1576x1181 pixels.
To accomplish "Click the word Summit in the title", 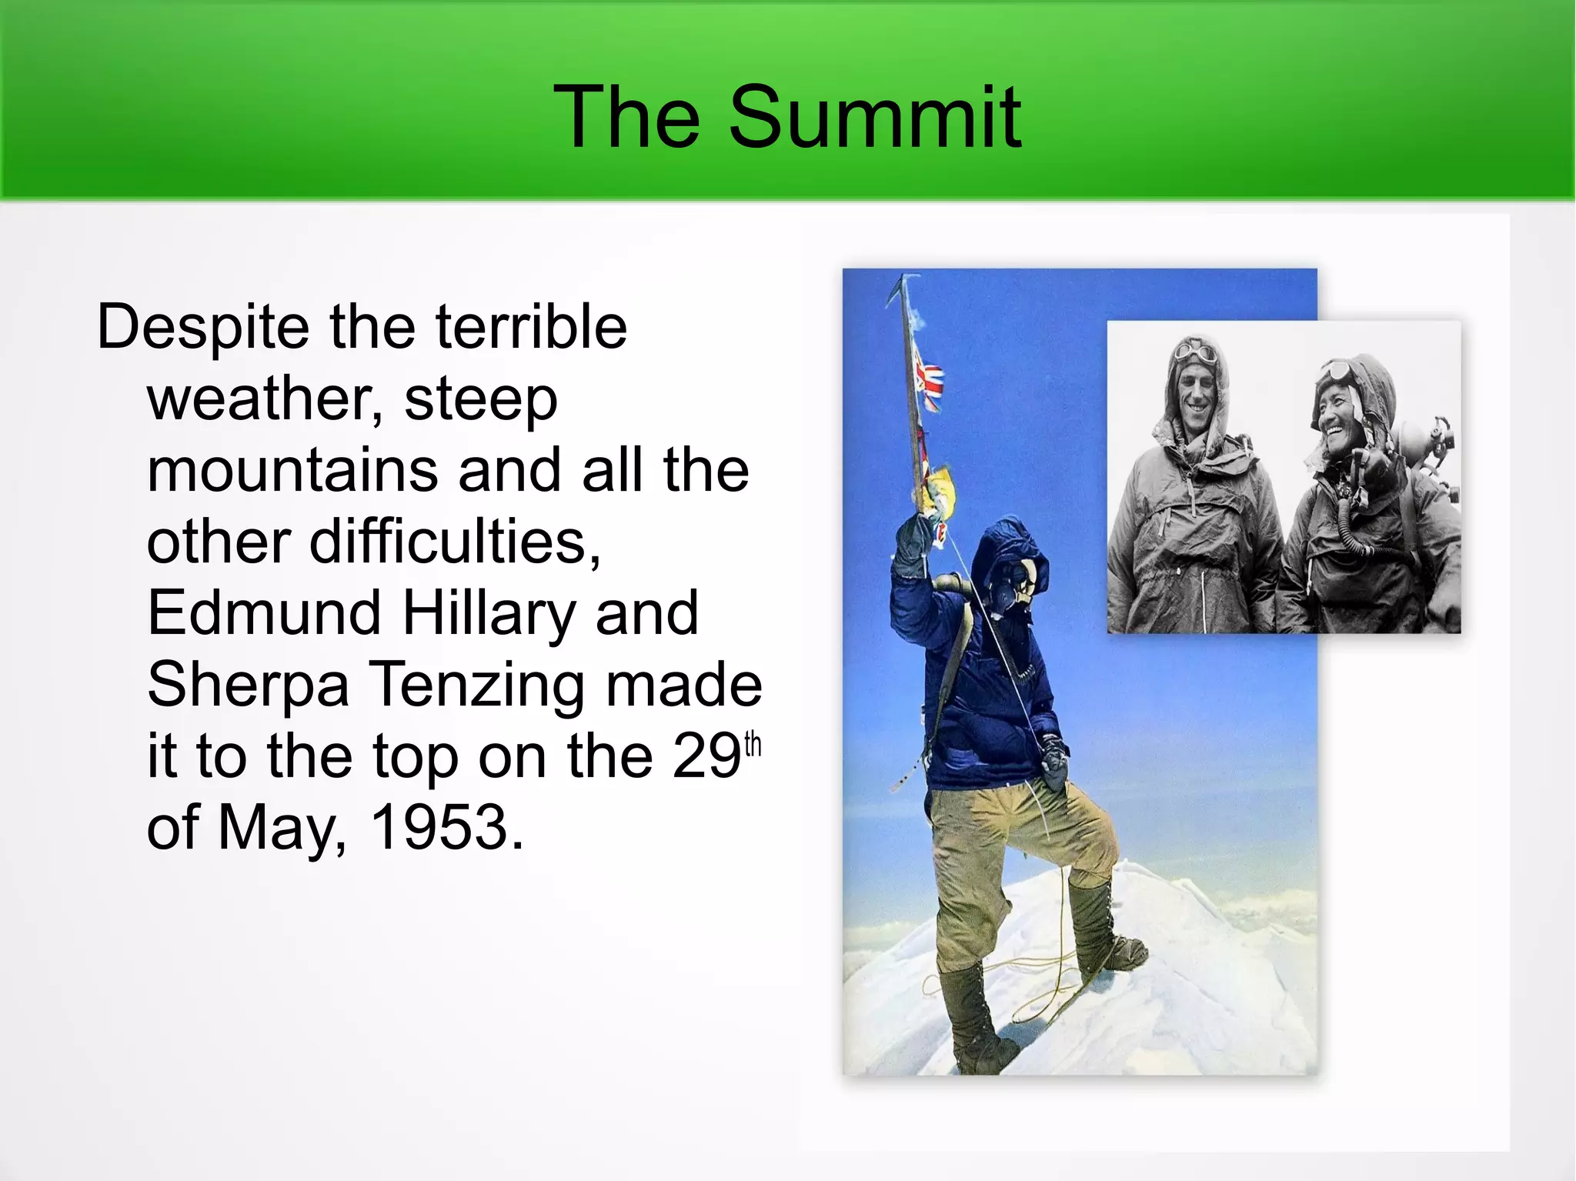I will pyautogui.click(x=874, y=117).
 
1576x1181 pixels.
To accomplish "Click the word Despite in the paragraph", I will pyautogui.click(x=201, y=327).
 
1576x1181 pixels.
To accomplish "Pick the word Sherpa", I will pyautogui.click(x=248, y=684).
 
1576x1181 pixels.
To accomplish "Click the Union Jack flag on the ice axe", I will pyautogui.click(x=929, y=385).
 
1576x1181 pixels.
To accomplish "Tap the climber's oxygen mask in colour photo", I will pyautogui.click(x=1018, y=589).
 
